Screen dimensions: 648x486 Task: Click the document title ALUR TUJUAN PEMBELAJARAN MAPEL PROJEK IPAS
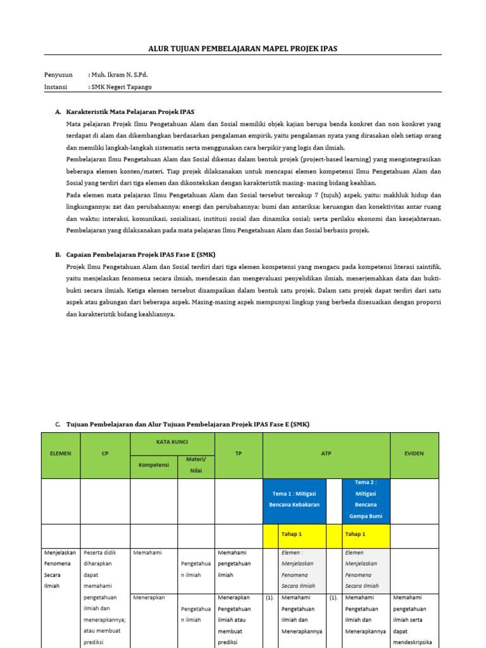(x=243, y=48)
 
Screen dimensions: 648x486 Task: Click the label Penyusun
(x=58, y=75)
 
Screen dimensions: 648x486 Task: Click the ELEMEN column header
(x=61, y=454)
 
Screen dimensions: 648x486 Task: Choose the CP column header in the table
(x=105, y=454)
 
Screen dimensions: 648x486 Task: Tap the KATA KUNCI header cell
(x=172, y=442)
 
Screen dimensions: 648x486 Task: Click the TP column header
(x=239, y=454)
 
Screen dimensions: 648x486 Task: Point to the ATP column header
(x=326, y=454)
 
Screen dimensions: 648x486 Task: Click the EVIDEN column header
(x=414, y=454)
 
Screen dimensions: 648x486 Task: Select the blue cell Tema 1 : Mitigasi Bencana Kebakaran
(x=294, y=499)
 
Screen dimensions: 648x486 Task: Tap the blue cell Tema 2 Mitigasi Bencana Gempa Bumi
(x=366, y=499)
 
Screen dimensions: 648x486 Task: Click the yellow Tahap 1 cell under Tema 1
(x=302, y=535)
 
